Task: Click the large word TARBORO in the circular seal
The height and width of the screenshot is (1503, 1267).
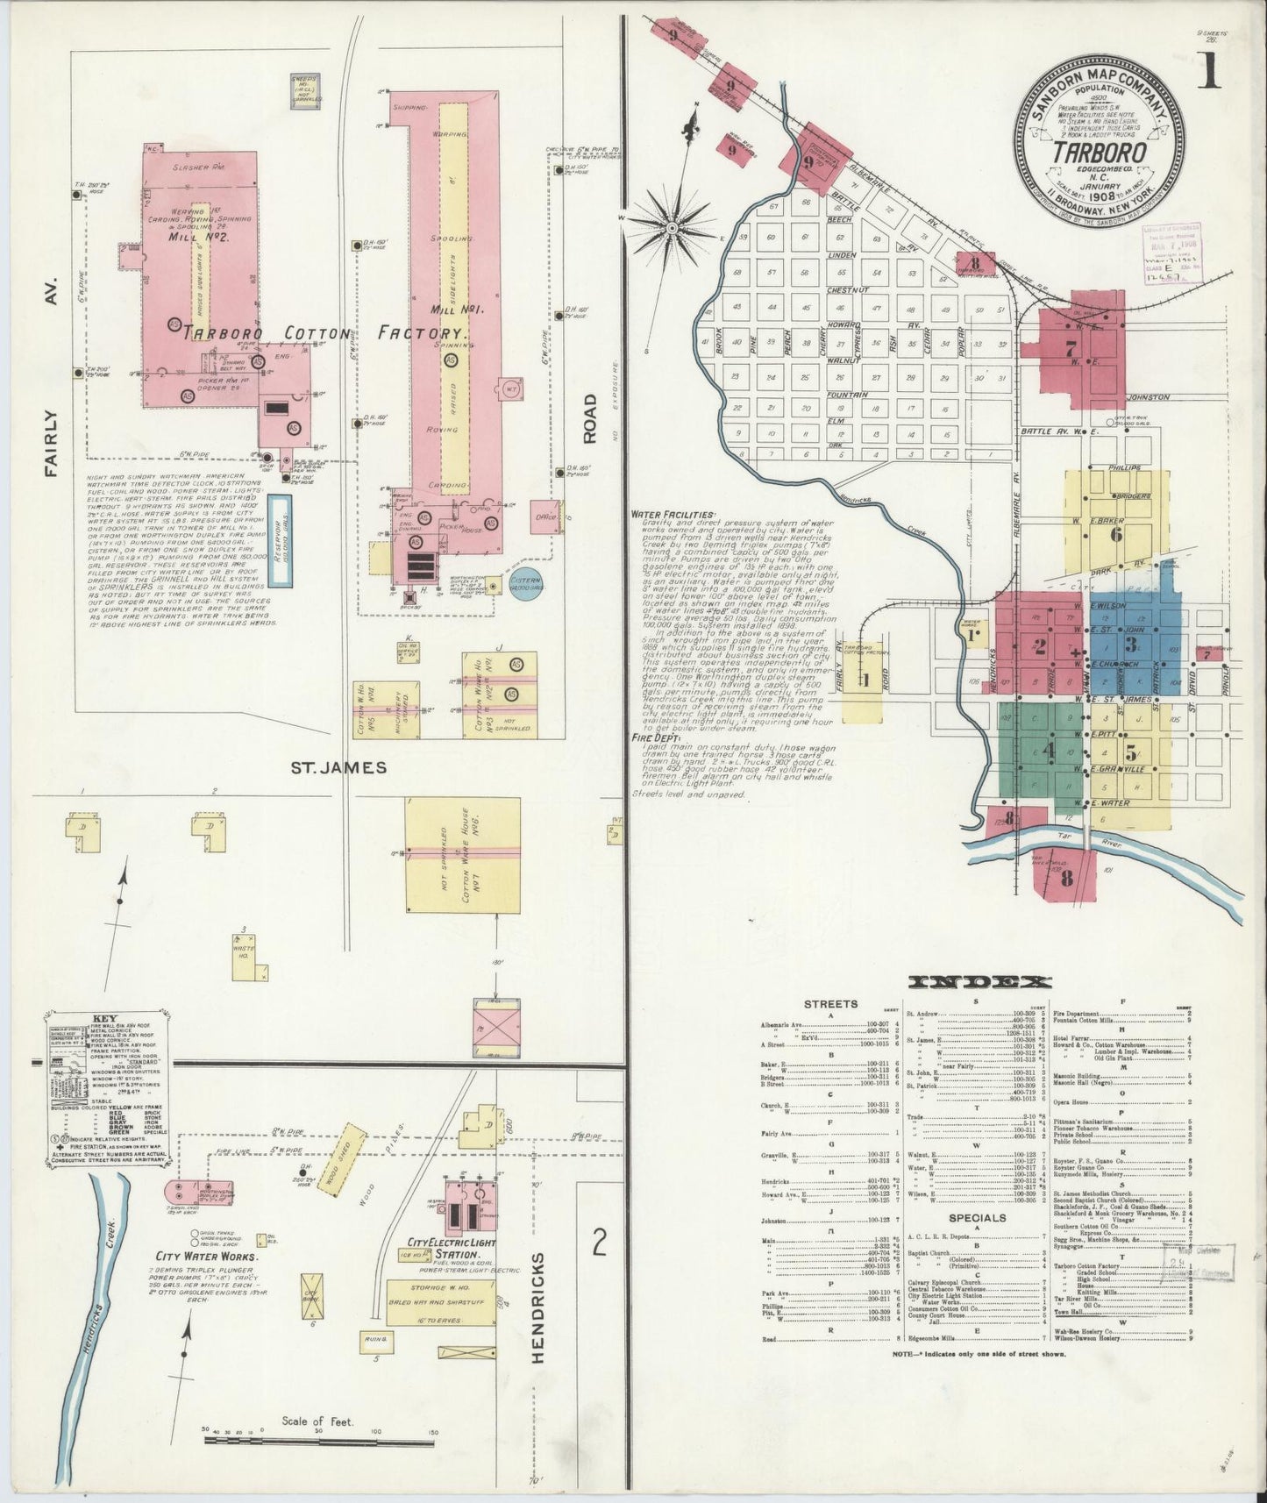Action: click(x=1100, y=151)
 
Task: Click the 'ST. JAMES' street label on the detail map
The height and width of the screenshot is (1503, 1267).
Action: click(x=338, y=767)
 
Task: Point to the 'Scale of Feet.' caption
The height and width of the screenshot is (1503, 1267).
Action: click(x=317, y=1421)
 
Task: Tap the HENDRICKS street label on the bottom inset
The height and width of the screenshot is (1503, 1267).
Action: click(x=537, y=1308)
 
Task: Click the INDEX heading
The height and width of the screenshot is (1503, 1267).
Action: click(x=979, y=981)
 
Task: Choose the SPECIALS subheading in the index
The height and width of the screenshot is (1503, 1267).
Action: click(x=977, y=1217)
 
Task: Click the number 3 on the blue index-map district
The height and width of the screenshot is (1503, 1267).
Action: click(x=1132, y=645)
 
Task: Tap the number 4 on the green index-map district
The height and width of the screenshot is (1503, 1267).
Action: click(x=1049, y=751)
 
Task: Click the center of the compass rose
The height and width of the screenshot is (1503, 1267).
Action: click(x=671, y=228)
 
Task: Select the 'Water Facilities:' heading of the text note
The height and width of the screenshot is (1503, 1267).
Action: click(x=673, y=515)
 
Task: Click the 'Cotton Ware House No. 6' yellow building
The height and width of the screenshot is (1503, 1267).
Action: click(x=462, y=855)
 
